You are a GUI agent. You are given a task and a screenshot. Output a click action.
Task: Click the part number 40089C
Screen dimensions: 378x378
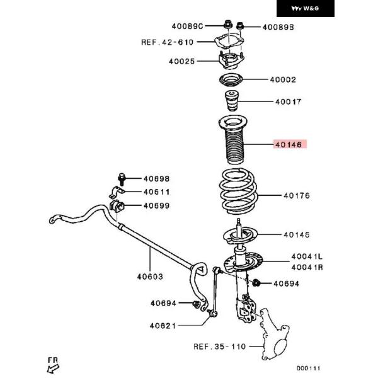[186, 26]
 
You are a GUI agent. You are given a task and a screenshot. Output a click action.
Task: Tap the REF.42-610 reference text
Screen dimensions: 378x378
[167, 42]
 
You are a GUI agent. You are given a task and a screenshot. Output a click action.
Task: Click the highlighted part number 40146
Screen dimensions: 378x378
[289, 144]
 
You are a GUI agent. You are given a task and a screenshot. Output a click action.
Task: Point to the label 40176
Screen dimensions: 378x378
[296, 196]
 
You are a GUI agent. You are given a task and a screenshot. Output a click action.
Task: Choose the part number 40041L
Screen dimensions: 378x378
[306, 257]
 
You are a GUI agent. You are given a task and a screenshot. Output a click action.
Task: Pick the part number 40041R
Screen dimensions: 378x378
[306, 267]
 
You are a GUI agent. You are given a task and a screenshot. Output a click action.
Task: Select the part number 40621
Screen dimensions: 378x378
[164, 326]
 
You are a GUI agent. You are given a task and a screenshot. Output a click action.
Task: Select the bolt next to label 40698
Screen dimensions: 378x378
[122, 178]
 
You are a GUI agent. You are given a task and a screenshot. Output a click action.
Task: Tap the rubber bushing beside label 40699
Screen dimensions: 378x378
[117, 205]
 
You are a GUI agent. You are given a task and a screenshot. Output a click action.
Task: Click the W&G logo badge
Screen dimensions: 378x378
[306, 9]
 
